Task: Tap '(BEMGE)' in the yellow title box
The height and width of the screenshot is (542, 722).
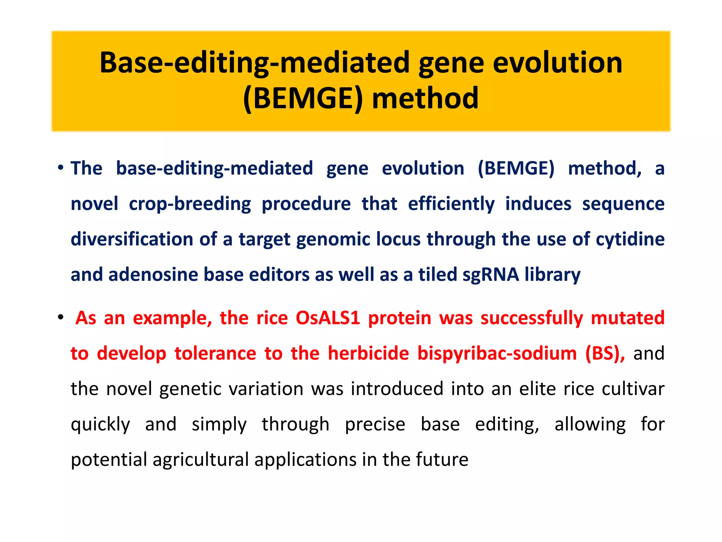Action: [303, 98]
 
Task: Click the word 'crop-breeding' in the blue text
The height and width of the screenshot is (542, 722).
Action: [190, 204]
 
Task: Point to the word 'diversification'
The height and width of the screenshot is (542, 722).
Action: [131, 239]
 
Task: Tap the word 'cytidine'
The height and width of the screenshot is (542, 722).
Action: [630, 239]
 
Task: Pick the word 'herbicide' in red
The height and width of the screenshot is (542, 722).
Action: [368, 353]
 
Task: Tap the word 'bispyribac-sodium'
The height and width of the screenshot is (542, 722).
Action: [497, 353]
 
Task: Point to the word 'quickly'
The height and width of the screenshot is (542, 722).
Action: [100, 424]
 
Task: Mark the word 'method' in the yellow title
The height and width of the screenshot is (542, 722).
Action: [425, 98]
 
